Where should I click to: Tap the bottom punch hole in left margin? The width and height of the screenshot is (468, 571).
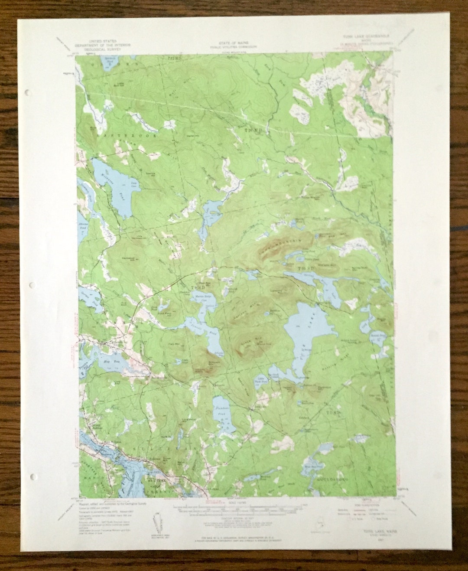[x=33, y=476]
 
